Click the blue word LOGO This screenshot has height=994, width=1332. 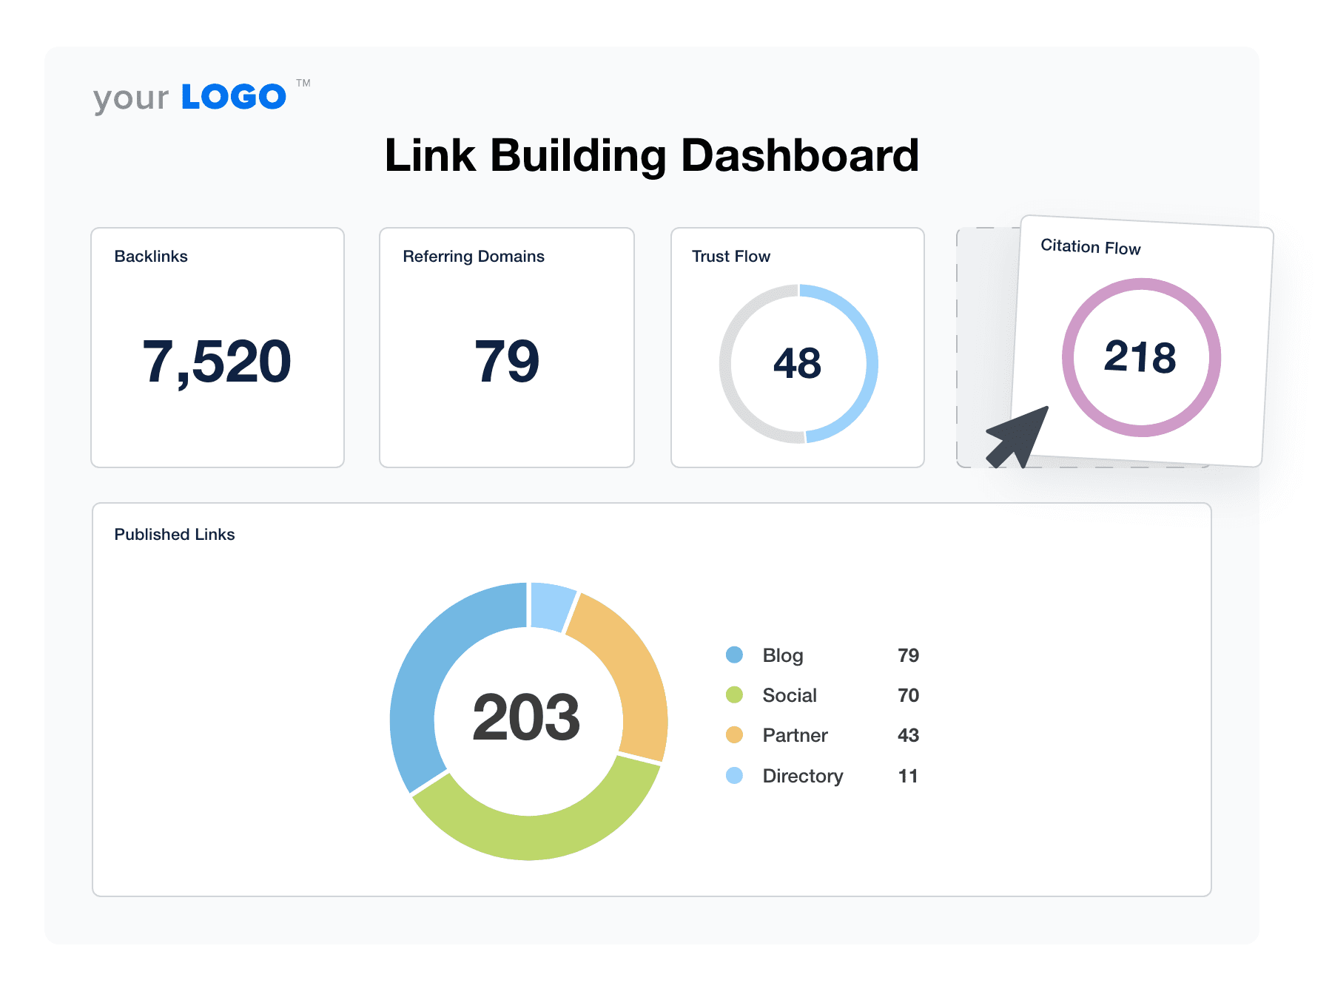tap(233, 97)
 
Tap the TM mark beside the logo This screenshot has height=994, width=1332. tap(303, 83)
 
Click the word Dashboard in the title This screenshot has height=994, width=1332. tap(799, 156)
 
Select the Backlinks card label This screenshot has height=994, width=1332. tap(151, 257)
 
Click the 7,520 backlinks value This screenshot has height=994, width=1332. tap(217, 362)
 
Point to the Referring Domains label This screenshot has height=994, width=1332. tap(474, 257)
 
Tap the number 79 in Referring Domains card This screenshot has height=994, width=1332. tap(507, 362)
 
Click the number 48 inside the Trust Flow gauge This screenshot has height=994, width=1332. tap(797, 363)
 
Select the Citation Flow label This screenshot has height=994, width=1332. tap(1090, 247)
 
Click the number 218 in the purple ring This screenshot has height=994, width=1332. tap(1140, 357)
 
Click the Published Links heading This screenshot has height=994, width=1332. tap(175, 535)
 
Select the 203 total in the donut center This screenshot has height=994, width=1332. tap(526, 717)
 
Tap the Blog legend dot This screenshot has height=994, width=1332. tap(734, 655)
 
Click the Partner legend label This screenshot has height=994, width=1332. tap(795, 736)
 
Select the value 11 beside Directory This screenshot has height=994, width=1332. tap(908, 777)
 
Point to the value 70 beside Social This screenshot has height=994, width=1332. tap(908, 696)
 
